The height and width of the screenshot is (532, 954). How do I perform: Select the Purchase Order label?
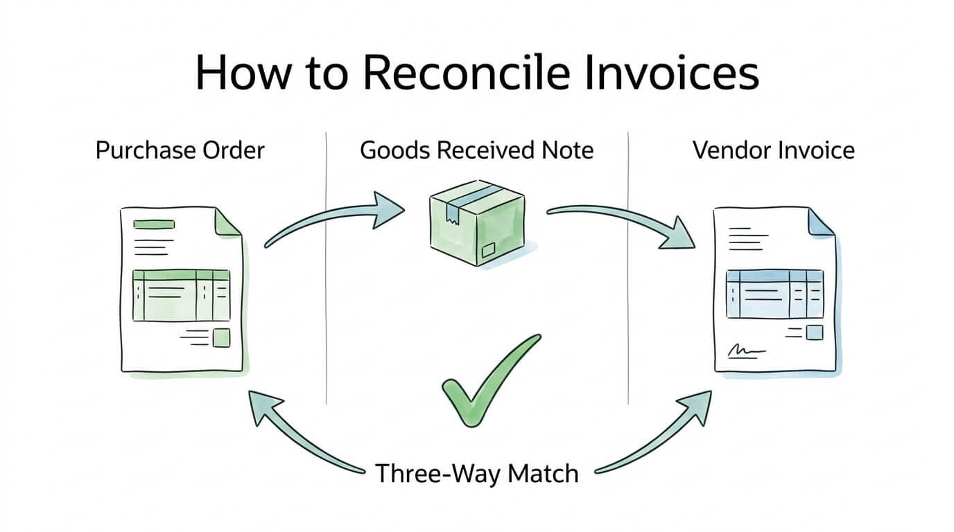pyautogui.click(x=180, y=150)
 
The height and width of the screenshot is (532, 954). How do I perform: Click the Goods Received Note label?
pyautogui.click(x=476, y=150)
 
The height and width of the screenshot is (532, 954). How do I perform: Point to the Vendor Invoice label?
pyautogui.click(x=773, y=150)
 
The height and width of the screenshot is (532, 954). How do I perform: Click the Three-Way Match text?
pyautogui.click(x=476, y=474)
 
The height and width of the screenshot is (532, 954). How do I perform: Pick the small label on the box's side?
pyautogui.click(x=489, y=249)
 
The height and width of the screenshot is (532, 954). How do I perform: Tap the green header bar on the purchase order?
pyautogui.click(x=154, y=224)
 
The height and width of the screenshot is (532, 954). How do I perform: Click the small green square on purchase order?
pyautogui.click(x=221, y=337)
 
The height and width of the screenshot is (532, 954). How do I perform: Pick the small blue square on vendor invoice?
pyautogui.click(x=815, y=333)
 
